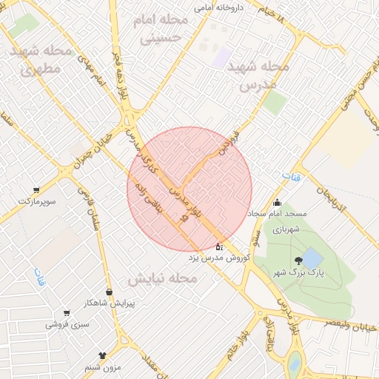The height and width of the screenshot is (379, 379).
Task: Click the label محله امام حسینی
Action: click(160, 29)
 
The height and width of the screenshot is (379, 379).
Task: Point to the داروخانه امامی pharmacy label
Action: click(218, 7)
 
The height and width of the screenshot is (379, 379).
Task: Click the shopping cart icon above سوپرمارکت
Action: click(36, 189)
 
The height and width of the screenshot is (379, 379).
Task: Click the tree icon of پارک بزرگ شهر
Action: click(299, 261)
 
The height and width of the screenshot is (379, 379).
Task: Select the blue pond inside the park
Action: click(312, 258)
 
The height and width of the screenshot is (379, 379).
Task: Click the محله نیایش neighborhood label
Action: click(163, 279)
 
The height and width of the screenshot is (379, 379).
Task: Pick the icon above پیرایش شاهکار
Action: click(110, 292)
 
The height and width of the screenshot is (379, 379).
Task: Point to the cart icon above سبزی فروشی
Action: click(67, 314)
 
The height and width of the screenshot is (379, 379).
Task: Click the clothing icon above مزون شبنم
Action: click(101, 356)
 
